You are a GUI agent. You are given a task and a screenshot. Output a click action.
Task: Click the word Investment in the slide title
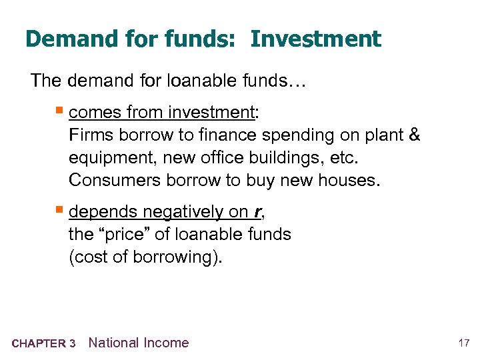pos(316,39)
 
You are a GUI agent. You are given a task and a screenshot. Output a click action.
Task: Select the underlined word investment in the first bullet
pos(215,112)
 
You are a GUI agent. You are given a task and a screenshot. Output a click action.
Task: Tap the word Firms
pos(91,135)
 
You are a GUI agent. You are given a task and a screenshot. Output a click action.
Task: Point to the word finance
pos(225,135)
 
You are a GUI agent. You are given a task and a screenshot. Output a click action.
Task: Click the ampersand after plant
pos(414,135)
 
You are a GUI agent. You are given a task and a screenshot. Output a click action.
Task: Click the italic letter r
pos(256,212)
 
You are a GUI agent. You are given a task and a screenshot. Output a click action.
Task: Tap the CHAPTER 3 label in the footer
pos(43,344)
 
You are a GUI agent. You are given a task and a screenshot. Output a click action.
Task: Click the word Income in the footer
pos(166,343)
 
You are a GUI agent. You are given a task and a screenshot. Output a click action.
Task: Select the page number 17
pos(464,343)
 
